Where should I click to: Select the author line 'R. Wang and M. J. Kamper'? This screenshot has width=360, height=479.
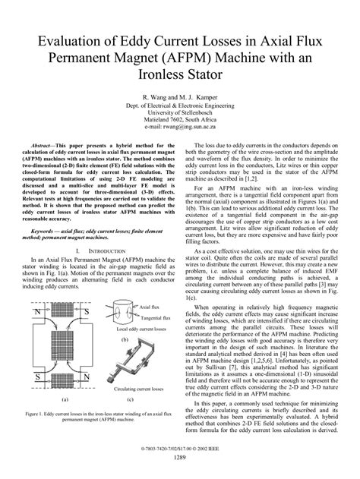click(x=180, y=99)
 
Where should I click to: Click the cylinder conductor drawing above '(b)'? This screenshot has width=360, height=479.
click(x=125, y=311)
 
